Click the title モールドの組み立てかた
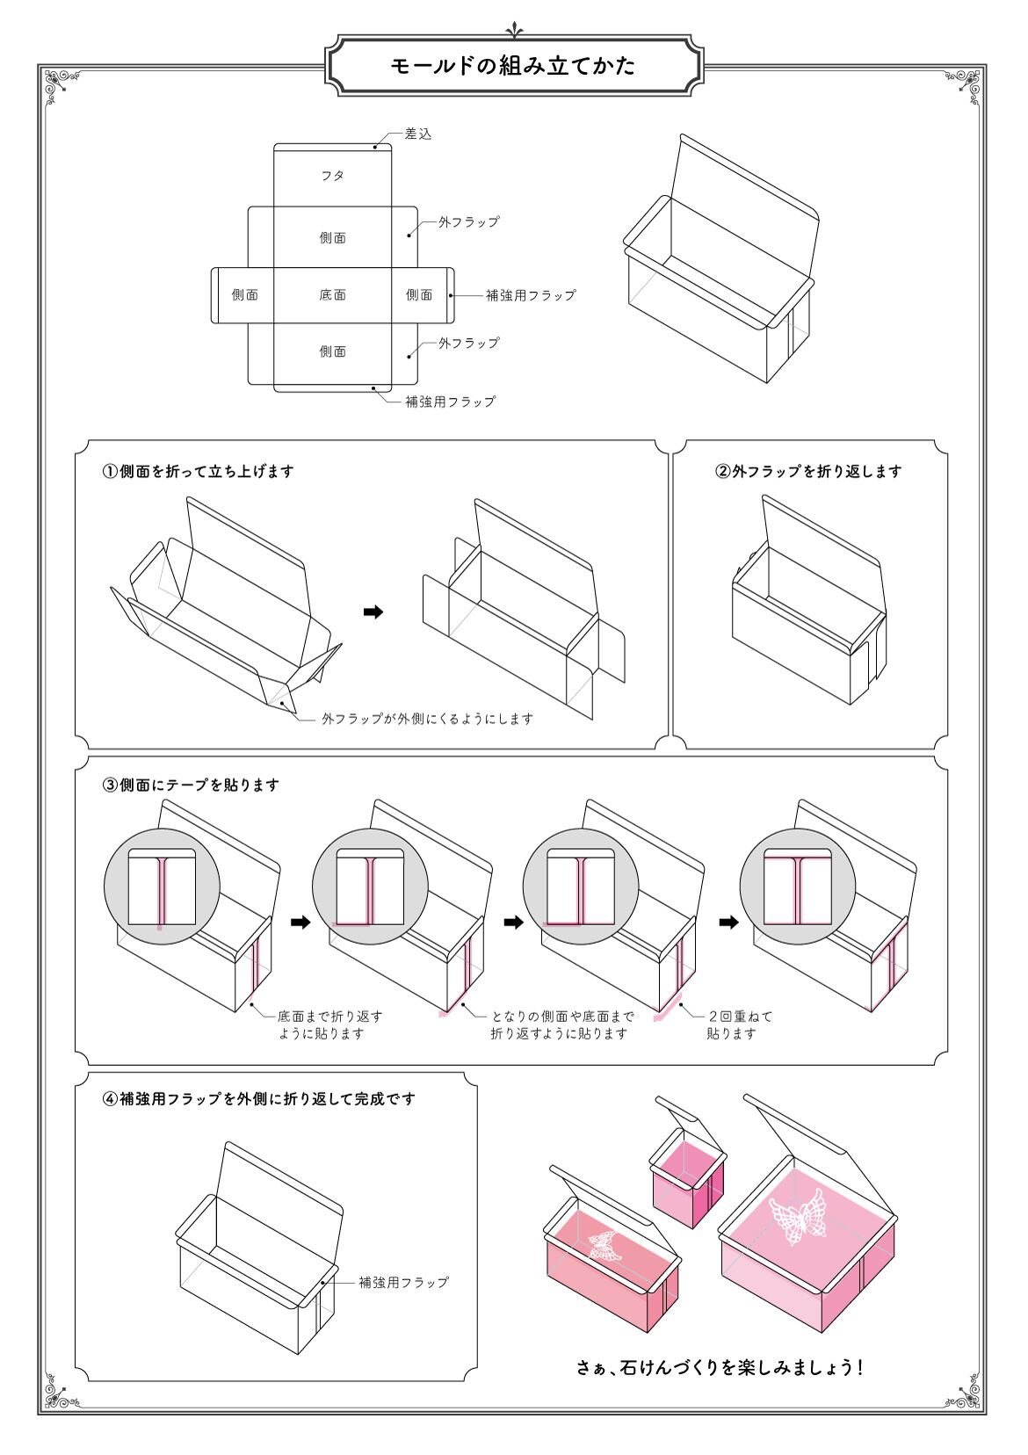click(x=513, y=66)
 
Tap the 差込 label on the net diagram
click(x=417, y=134)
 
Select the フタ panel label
click(x=332, y=176)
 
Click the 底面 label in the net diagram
click(x=332, y=295)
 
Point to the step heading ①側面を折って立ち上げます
click(x=198, y=471)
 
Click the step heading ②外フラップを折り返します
click(x=809, y=471)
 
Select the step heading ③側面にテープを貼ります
click(x=191, y=785)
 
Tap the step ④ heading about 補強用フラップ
click(x=258, y=1098)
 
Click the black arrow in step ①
click(x=373, y=612)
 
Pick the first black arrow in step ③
click(x=300, y=922)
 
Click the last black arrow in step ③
click(x=728, y=922)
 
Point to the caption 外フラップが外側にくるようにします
click(x=427, y=719)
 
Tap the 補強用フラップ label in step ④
click(x=403, y=1282)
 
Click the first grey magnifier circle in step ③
click(x=161, y=888)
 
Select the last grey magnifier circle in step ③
click(x=797, y=888)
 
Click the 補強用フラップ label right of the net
click(x=531, y=295)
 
